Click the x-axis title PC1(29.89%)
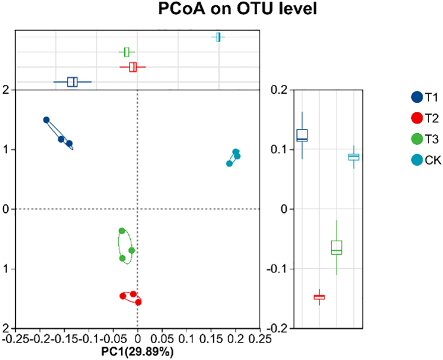pyautogui.click(x=137, y=352)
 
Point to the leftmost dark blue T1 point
pyautogui.click(x=46, y=120)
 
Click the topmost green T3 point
pyautogui.click(x=121, y=231)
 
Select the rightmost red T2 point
pyautogui.click(x=138, y=302)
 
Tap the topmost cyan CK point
pyautogui.click(x=236, y=152)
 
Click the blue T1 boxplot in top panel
pyautogui.click(x=72, y=82)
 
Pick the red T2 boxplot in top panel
pyautogui.click(x=133, y=67)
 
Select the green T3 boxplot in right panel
pyautogui.click(x=336, y=247)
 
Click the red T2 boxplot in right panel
pyautogui.click(x=319, y=297)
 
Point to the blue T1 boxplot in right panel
pyautogui.click(x=302, y=135)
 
